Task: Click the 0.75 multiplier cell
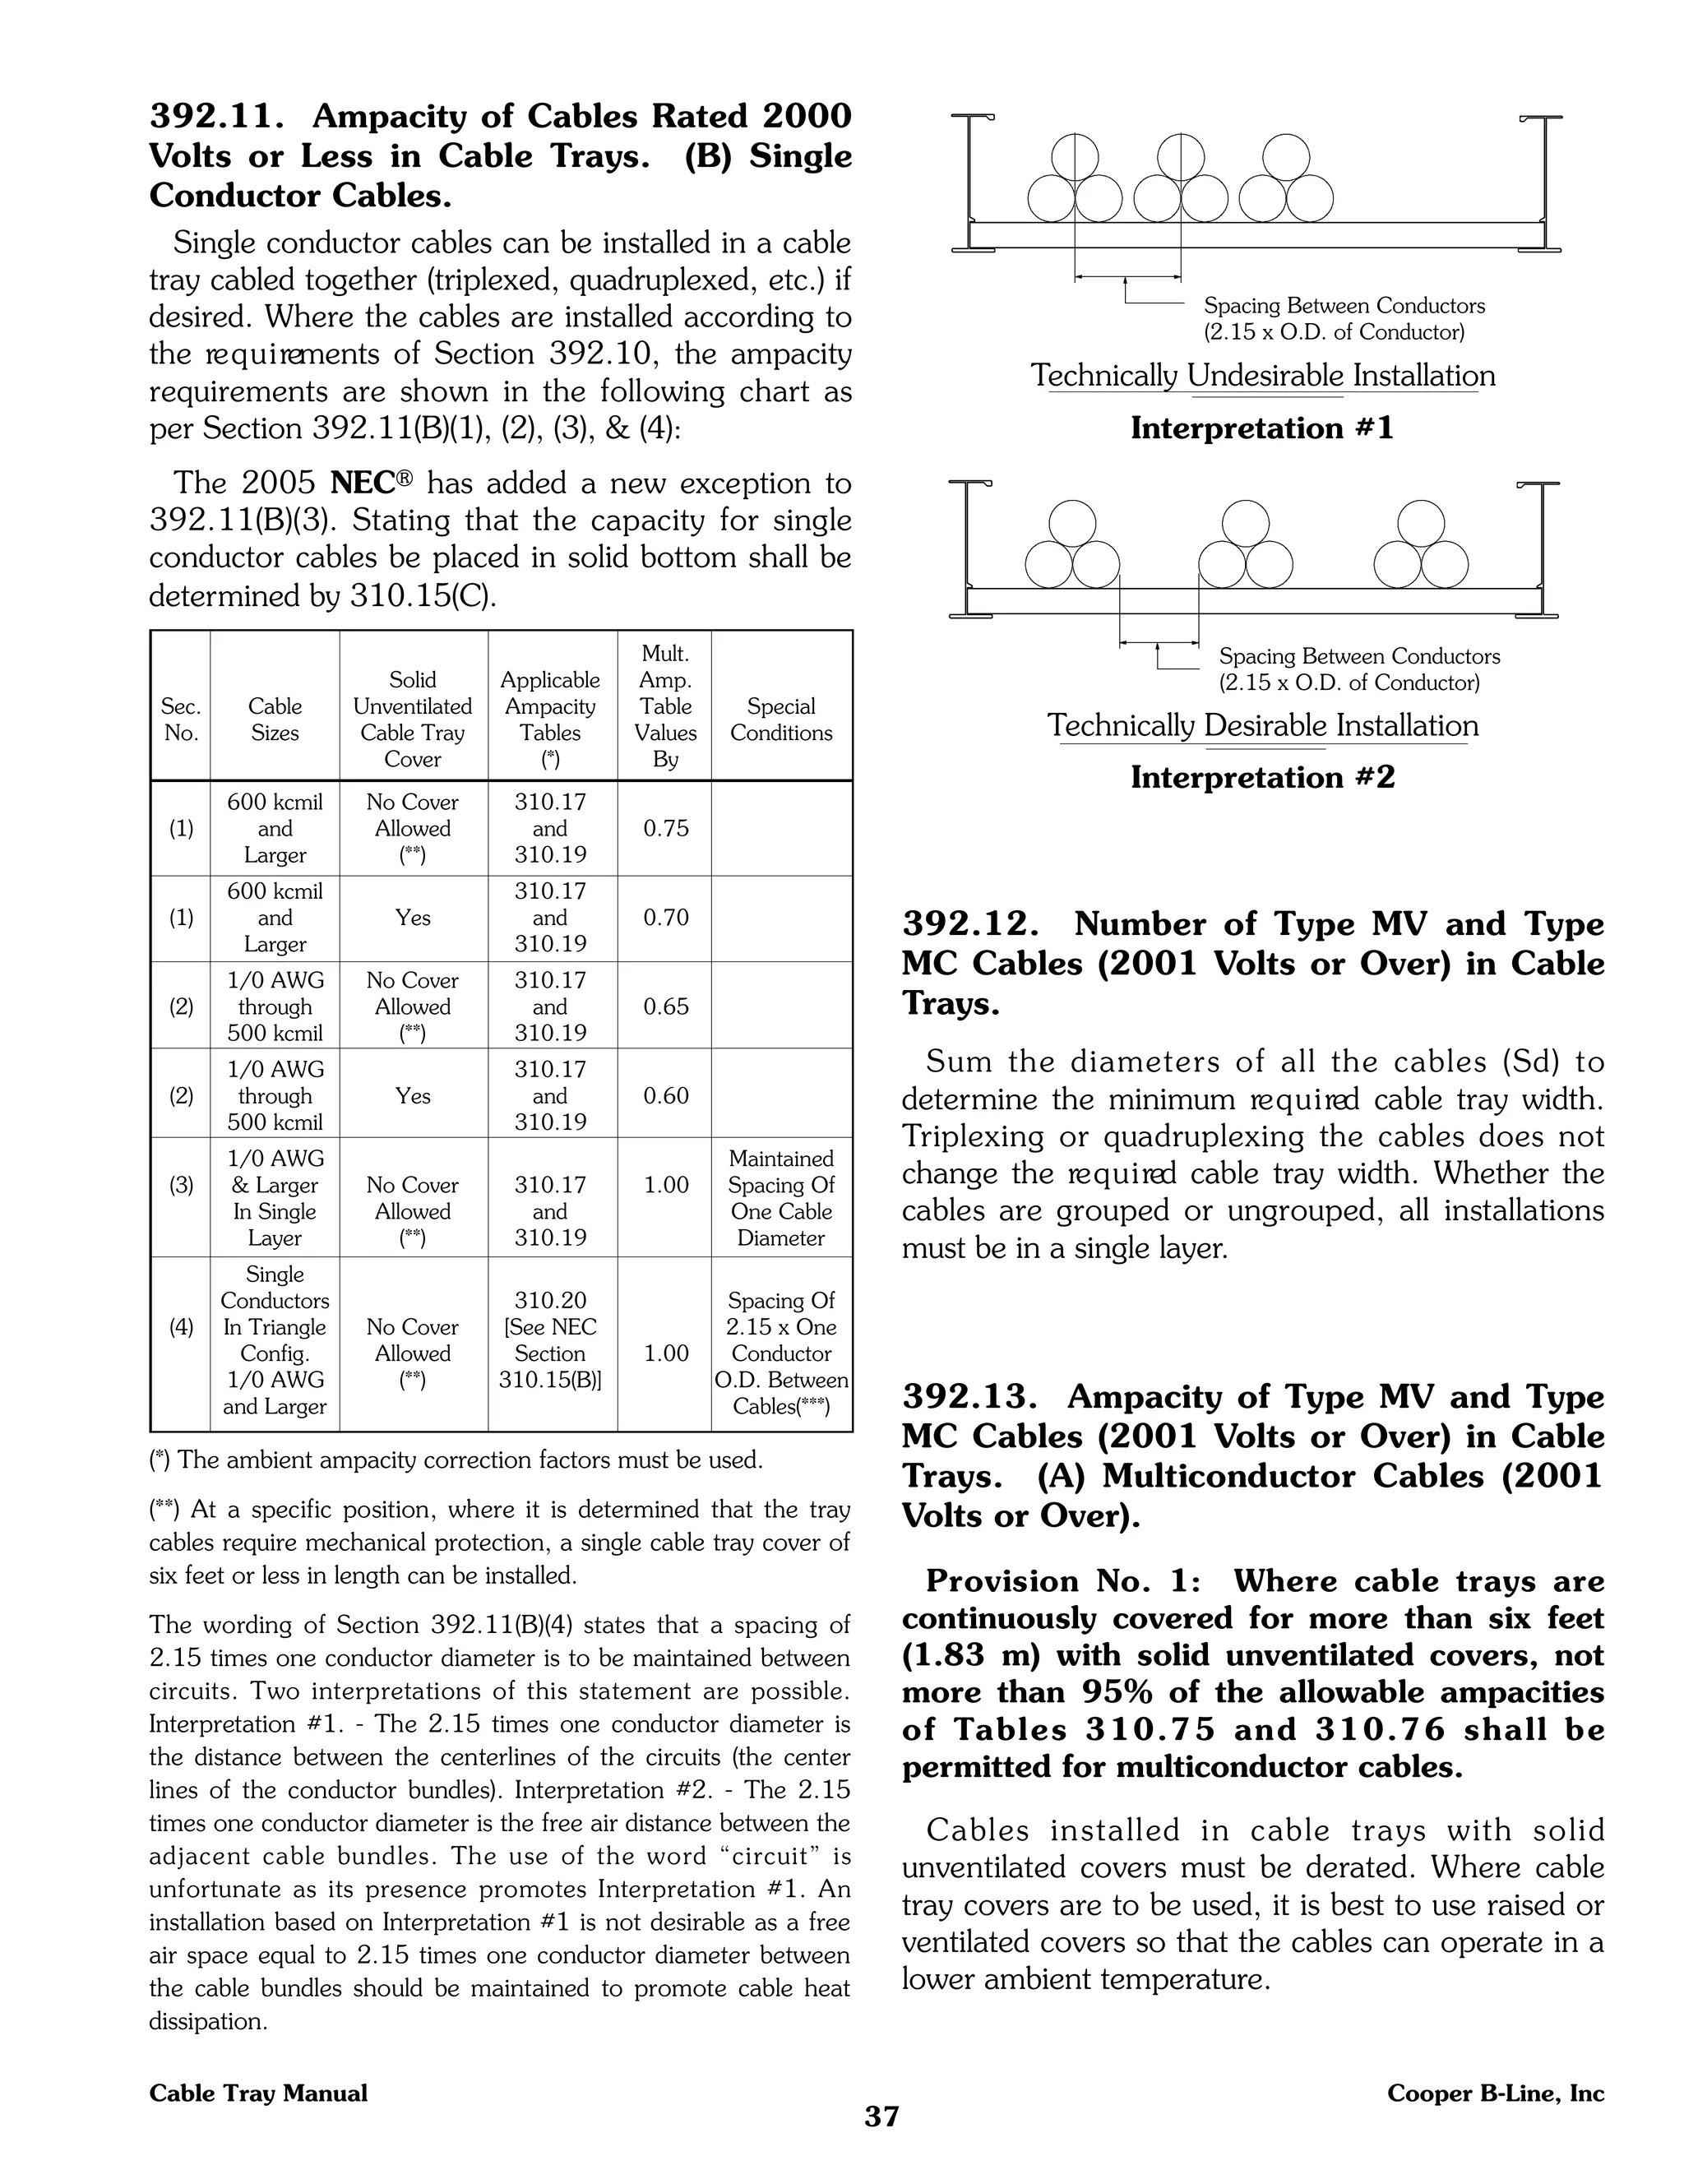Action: (x=665, y=829)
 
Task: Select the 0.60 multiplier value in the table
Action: (x=665, y=1095)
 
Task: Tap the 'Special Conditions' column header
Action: (x=781, y=719)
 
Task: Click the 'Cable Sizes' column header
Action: (x=275, y=719)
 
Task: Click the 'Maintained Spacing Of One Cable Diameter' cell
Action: (x=781, y=1198)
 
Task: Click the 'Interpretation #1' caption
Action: (x=1262, y=428)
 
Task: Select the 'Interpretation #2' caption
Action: (x=1262, y=777)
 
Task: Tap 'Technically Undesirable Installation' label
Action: (x=1262, y=376)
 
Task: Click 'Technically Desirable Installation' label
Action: (x=1262, y=725)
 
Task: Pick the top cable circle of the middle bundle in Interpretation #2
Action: (x=1246, y=523)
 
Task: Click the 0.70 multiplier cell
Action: (x=665, y=918)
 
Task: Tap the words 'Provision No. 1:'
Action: (x=1063, y=1581)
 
